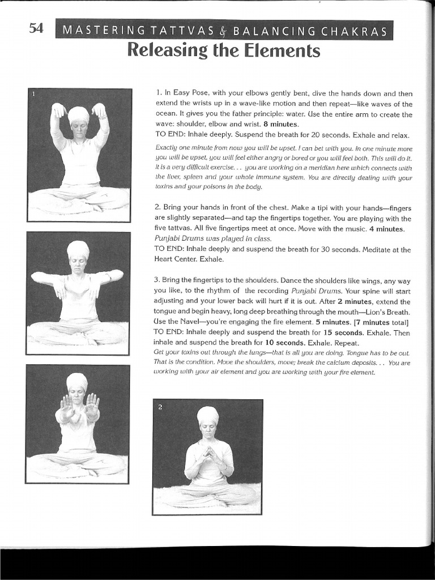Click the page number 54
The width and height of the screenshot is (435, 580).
36,29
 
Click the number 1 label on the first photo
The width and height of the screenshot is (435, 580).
33,94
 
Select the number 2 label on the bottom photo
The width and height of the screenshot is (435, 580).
160,406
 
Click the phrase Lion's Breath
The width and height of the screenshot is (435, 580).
382,312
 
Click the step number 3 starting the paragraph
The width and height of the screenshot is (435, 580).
156,280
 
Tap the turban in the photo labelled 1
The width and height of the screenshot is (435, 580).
79,114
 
